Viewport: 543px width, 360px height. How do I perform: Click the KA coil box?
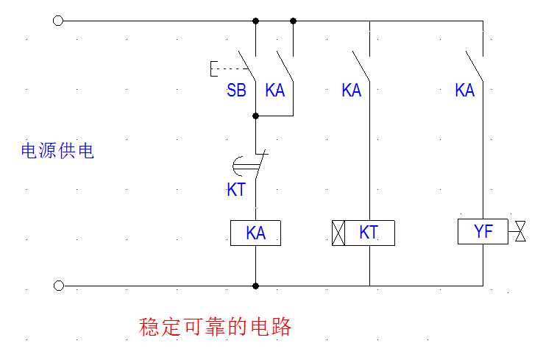coord(255,233)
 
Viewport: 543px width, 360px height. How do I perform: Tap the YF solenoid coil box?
coord(483,233)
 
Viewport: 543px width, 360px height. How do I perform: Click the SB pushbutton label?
coord(236,91)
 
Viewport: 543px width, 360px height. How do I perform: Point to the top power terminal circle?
coord(59,21)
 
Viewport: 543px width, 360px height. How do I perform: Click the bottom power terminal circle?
coord(59,286)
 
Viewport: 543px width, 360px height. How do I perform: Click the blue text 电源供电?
coord(57,152)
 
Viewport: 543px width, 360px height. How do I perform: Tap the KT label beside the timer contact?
coord(235,190)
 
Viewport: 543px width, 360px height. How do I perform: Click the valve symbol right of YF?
coord(521,233)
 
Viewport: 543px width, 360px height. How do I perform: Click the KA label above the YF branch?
coord(464,91)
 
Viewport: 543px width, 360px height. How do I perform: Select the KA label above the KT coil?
coord(352,91)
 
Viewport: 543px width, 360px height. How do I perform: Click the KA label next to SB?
coord(275,91)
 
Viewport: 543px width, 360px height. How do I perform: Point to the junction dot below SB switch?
coord(255,116)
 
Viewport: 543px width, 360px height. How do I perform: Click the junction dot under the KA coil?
coord(255,286)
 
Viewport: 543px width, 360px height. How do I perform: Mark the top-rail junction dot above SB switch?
coord(255,21)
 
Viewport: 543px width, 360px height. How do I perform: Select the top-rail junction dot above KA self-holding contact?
coord(294,21)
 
